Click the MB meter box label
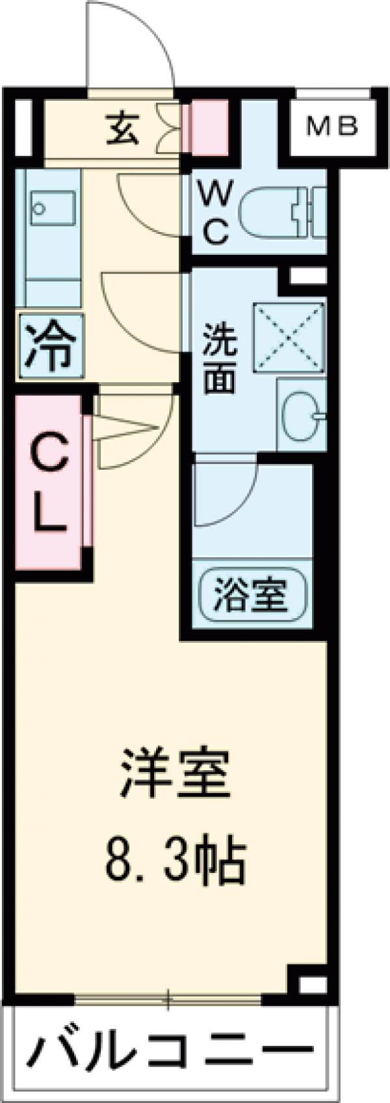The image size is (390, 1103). click(x=331, y=125)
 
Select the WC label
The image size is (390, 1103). click(x=213, y=213)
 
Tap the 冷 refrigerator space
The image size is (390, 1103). click(x=50, y=346)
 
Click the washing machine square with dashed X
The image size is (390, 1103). click(x=289, y=338)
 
